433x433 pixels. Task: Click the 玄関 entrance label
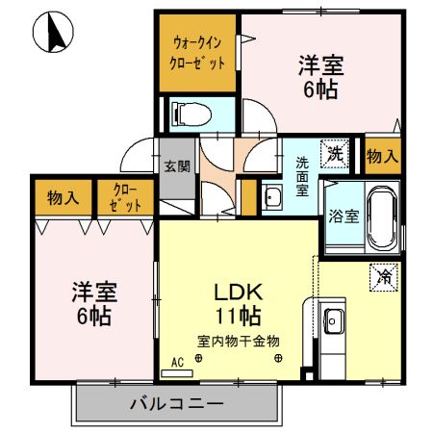pyautogui.click(x=175, y=165)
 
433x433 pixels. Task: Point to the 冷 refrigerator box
pyautogui.click(x=382, y=277)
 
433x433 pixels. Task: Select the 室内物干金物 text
pyautogui.click(x=239, y=341)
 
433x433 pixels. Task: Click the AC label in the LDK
pyautogui.click(x=176, y=363)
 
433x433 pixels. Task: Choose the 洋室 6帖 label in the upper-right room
pyautogui.click(x=319, y=77)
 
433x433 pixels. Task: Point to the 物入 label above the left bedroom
pyautogui.click(x=64, y=198)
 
